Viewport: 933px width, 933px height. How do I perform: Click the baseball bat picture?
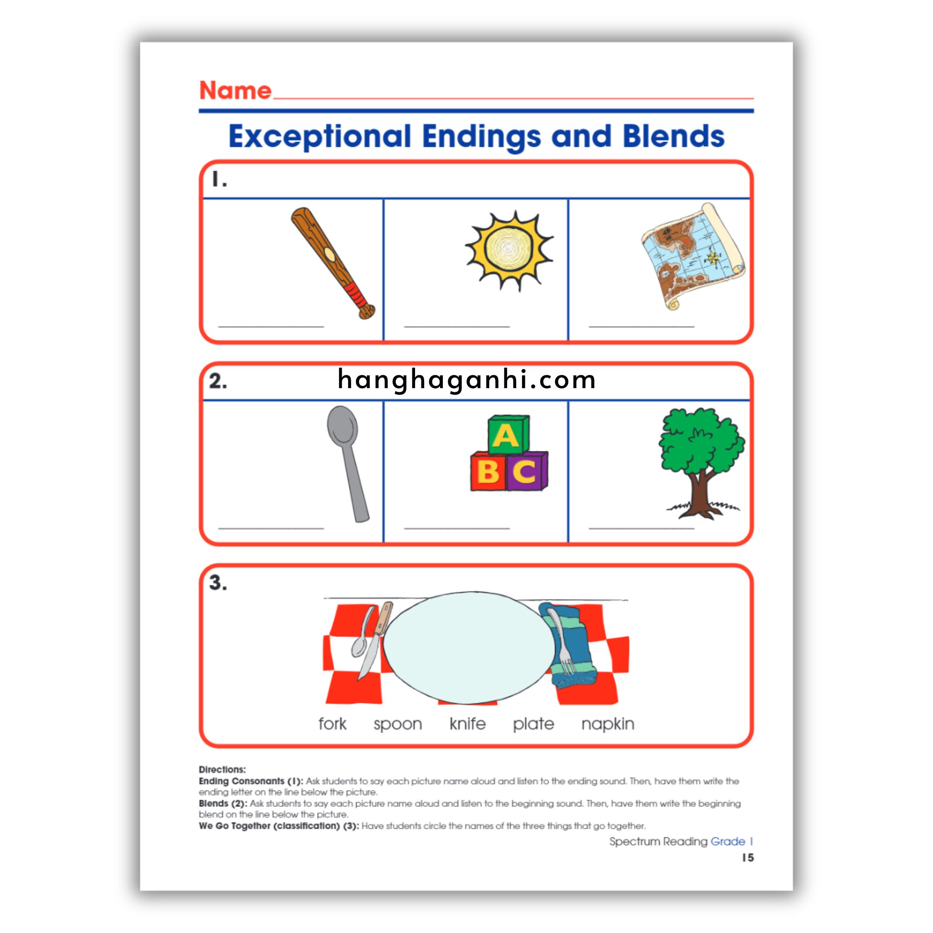pos(333,263)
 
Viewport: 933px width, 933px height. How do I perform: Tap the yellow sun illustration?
pos(508,250)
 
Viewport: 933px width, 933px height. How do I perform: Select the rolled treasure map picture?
pos(693,256)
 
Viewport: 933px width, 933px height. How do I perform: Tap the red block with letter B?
pos(488,471)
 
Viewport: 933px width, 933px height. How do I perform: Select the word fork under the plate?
pos(332,723)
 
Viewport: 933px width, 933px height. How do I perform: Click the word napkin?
pos(608,724)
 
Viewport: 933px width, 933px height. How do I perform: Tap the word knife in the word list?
pos(467,723)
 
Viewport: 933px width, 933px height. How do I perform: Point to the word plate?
pos(533,724)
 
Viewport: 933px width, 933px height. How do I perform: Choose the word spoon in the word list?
pos(397,725)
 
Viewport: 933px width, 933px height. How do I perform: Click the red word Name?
pos(235,90)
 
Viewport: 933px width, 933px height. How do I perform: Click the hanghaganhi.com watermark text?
pos(466,379)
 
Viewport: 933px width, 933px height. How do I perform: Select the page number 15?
pos(748,858)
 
